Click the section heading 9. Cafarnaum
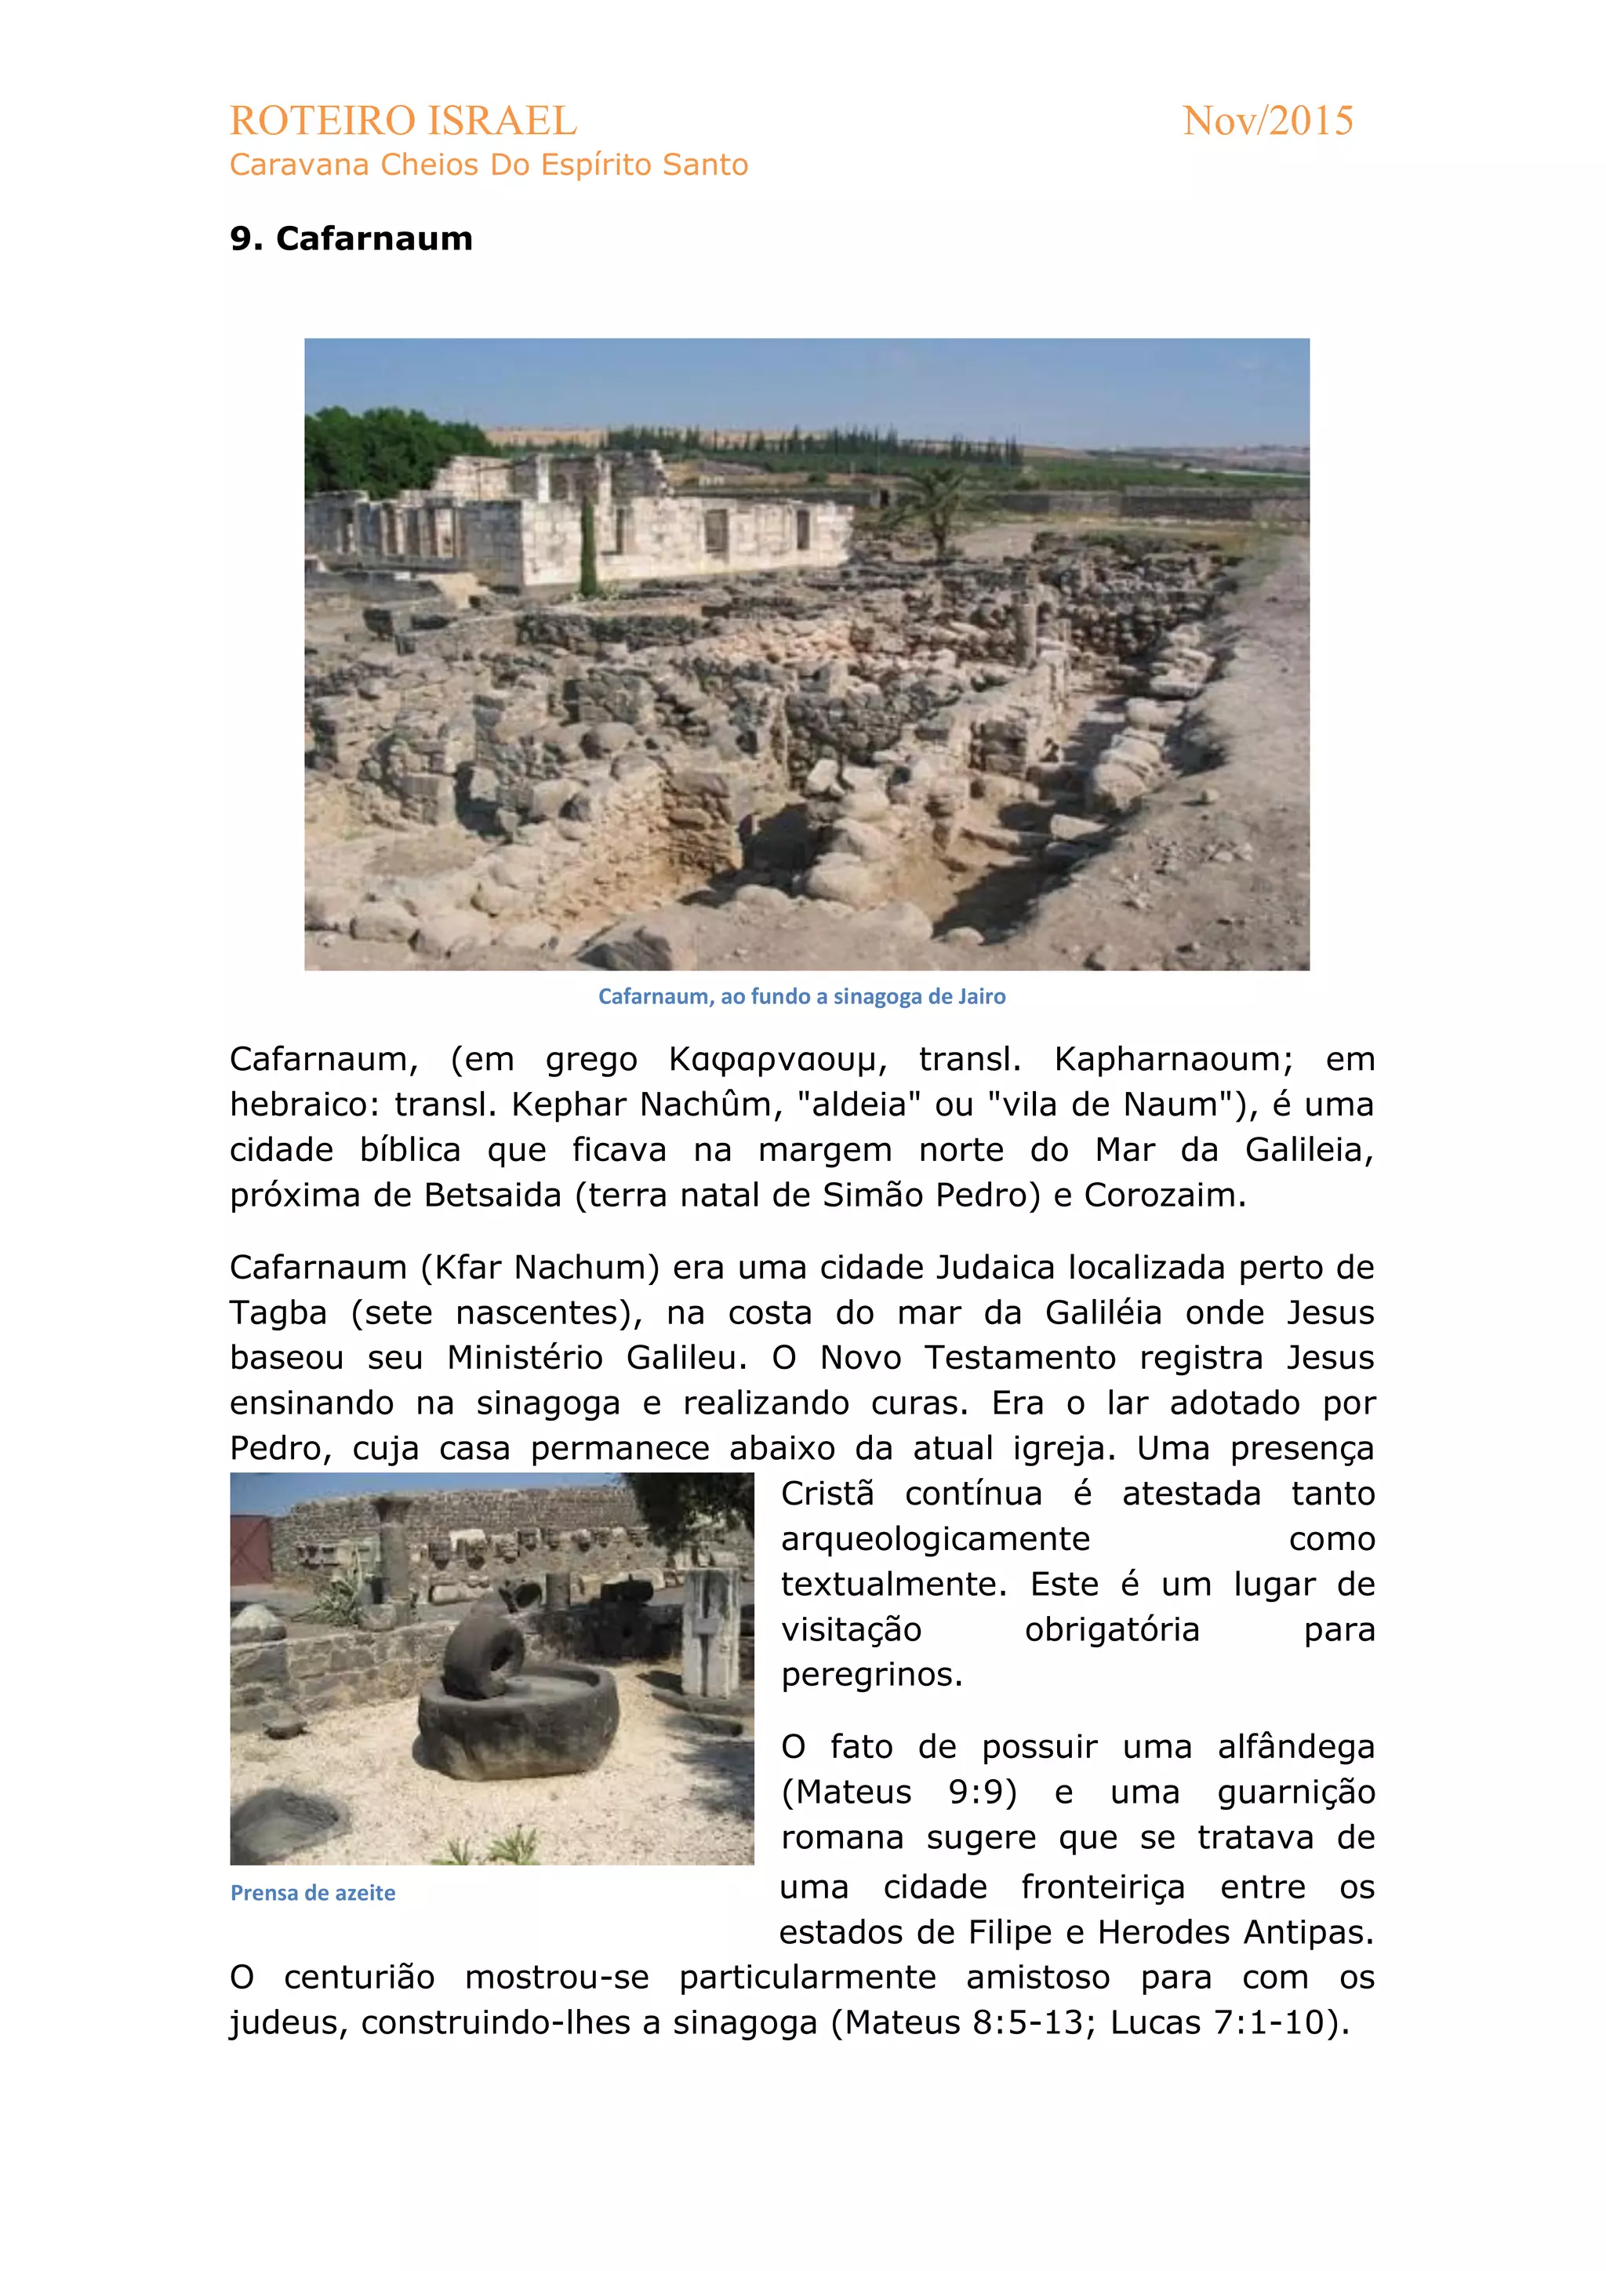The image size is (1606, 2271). point(351,238)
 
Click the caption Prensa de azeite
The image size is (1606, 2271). point(313,1892)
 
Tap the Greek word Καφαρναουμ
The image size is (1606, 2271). point(772,1059)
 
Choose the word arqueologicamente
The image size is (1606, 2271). point(935,1539)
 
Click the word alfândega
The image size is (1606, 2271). point(1295,1747)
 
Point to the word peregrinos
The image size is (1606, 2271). point(870,1675)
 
